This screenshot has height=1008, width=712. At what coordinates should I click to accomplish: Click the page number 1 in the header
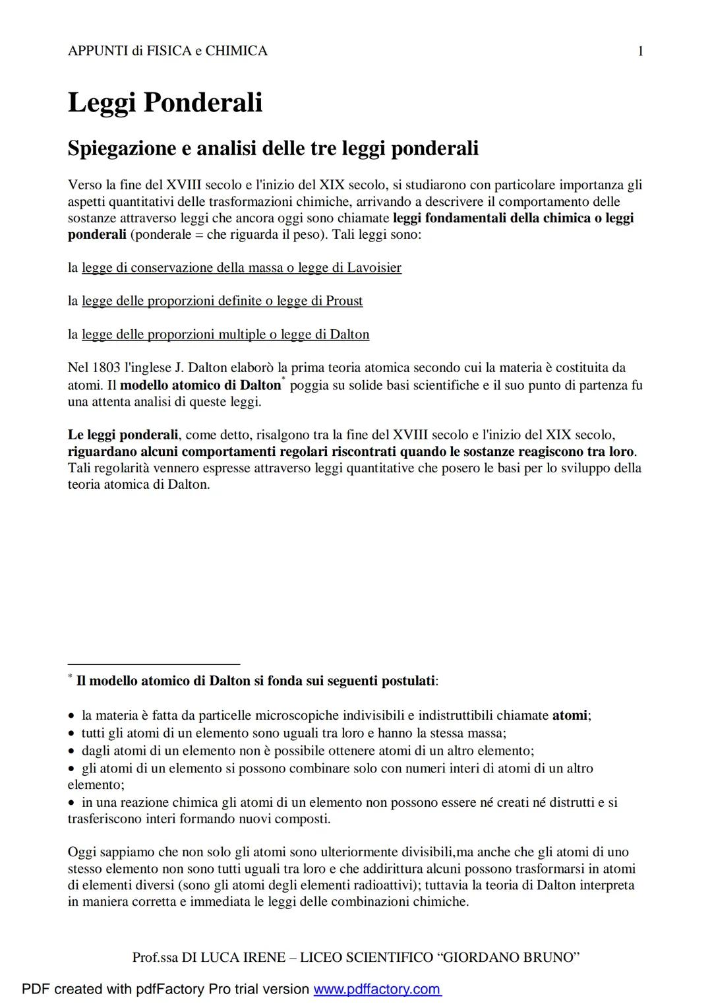(x=641, y=51)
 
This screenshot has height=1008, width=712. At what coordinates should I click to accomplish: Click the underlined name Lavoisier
(x=374, y=268)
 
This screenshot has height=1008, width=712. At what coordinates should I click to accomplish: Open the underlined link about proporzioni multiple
(x=225, y=334)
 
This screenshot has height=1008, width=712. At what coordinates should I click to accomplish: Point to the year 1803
(x=106, y=367)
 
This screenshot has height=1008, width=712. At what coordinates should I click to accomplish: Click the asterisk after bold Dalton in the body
(x=283, y=379)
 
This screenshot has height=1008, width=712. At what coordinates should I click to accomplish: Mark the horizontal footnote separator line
(x=154, y=664)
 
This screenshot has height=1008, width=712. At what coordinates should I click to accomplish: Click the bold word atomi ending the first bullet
(x=569, y=715)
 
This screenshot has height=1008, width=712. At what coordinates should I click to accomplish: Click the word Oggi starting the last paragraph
(x=82, y=852)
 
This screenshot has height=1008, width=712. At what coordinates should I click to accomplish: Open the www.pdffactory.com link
(x=377, y=989)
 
